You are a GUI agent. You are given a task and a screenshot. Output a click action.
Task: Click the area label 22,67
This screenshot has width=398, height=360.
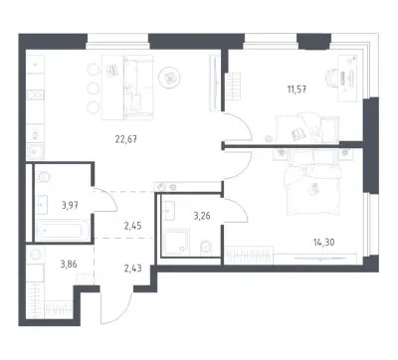click(x=126, y=139)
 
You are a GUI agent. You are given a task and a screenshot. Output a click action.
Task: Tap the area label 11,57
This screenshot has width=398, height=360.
click(x=297, y=89)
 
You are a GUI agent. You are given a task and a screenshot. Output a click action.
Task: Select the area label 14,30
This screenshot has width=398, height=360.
click(x=323, y=243)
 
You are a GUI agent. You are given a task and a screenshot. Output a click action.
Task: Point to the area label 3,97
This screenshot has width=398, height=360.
click(x=70, y=206)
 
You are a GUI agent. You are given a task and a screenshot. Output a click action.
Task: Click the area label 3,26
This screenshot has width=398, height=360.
click(x=202, y=216)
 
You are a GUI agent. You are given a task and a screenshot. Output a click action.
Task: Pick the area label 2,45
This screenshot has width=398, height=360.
click(x=133, y=226)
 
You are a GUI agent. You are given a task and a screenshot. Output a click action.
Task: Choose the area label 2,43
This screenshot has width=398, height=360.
click(x=133, y=268)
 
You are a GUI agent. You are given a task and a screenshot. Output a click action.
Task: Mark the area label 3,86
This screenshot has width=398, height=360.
click(x=70, y=265)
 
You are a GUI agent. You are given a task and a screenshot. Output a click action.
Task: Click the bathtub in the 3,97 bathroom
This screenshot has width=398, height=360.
click(x=63, y=231)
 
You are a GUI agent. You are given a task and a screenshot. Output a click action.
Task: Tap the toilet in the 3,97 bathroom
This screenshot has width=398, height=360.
click(x=43, y=176)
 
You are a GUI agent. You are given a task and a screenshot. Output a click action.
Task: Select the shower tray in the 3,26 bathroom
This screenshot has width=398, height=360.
click(x=175, y=241)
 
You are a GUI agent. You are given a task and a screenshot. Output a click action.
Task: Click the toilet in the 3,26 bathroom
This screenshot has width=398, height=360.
click(x=206, y=248)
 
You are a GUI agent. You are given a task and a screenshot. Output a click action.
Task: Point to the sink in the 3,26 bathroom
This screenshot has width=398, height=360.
click(x=168, y=211)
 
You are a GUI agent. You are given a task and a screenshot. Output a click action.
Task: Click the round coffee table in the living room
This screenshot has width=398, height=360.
click(x=169, y=79)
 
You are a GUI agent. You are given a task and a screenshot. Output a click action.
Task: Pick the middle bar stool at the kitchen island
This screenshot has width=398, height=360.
click(x=94, y=89)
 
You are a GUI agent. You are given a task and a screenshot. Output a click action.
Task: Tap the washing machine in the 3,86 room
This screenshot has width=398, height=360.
click(x=35, y=255)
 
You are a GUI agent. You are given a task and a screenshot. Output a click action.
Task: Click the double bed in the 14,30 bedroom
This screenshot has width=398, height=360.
click(x=312, y=182)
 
